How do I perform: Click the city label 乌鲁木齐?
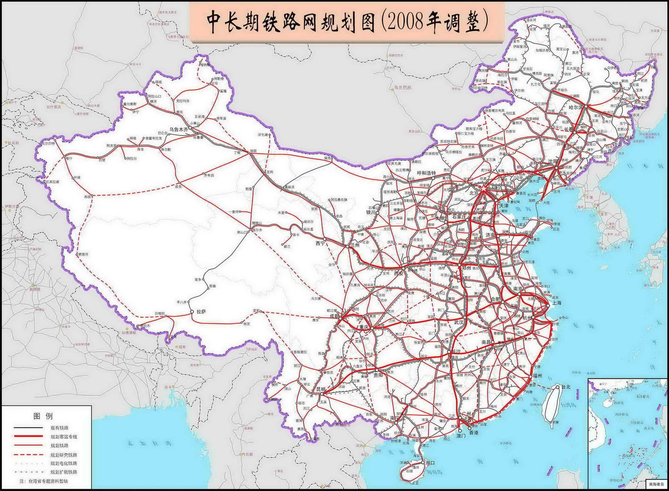pyautogui.click(x=178, y=130)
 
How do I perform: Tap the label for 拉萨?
pyautogui.click(x=201, y=312)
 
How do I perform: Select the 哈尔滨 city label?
pyautogui.click(x=577, y=108)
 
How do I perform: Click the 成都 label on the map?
pyautogui.click(x=334, y=316)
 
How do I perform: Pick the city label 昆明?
pyautogui.click(x=320, y=390)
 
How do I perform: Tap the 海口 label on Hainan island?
pyautogui.click(x=430, y=463)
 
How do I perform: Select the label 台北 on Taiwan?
pyautogui.click(x=565, y=387)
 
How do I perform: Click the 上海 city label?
pyautogui.click(x=557, y=303)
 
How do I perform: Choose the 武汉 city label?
pyautogui.click(x=459, y=322)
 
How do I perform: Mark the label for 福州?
pyautogui.click(x=538, y=376)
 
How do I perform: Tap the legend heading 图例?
pyautogui.click(x=43, y=416)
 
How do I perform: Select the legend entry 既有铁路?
pyautogui.click(x=59, y=428)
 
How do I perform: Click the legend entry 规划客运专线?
pyautogui.click(x=64, y=437)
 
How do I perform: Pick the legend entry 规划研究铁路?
pyautogui.click(x=64, y=455)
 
